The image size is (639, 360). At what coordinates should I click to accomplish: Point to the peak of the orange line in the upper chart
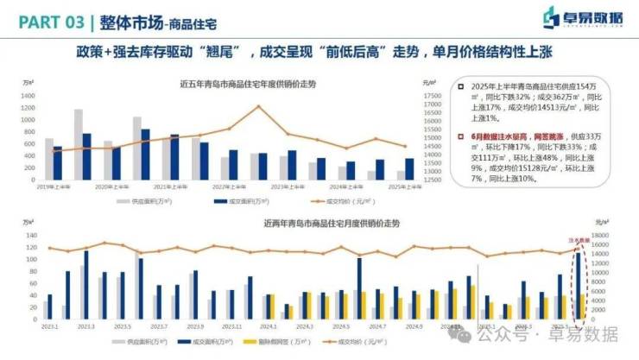click(257, 107)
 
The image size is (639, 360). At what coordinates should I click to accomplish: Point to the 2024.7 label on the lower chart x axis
click(376, 327)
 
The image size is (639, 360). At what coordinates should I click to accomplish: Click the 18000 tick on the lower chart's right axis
click(602, 235)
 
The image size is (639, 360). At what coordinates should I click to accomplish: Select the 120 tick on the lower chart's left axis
click(31, 247)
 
